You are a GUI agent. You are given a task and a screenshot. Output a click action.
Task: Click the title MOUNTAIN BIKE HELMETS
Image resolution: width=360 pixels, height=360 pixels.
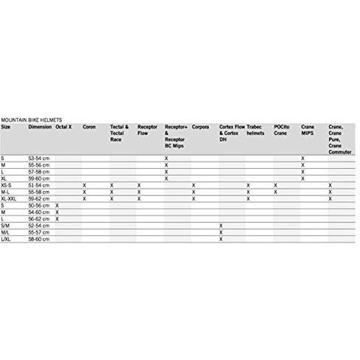click(31, 120)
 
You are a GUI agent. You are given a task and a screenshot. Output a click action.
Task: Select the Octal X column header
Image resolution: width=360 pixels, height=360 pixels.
click(63, 127)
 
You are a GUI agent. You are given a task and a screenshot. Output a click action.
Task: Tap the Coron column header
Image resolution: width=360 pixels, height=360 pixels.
click(89, 127)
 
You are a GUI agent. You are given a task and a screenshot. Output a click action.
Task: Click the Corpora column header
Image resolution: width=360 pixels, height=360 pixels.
click(200, 127)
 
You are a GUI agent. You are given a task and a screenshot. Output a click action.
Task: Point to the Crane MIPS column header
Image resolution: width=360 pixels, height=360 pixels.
click(308, 130)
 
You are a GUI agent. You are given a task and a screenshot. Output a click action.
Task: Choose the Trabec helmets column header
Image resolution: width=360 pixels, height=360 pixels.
click(255, 130)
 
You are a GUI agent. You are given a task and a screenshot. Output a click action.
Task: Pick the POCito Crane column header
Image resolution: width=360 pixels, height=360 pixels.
click(281, 130)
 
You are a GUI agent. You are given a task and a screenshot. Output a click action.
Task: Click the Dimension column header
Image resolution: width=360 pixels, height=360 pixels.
click(40, 127)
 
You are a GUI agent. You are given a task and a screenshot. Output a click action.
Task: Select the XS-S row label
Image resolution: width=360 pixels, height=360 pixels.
click(7, 185)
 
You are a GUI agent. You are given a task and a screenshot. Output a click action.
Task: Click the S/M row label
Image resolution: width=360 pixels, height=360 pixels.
click(6, 225)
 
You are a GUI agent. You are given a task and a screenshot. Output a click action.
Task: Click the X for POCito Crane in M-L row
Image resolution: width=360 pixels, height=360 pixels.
click(275, 192)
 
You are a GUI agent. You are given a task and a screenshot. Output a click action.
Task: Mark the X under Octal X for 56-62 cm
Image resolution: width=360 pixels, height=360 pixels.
click(57, 218)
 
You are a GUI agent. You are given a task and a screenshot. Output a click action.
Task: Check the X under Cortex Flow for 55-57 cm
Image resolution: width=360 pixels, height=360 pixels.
click(221, 232)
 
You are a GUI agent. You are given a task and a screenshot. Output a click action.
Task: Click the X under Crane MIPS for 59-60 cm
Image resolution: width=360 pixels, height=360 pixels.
click(302, 179)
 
